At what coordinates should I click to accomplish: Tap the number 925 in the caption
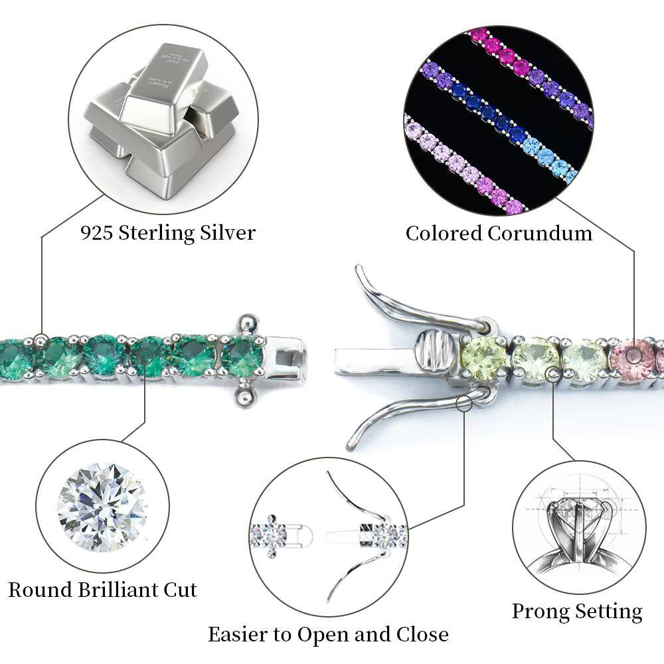click(95, 233)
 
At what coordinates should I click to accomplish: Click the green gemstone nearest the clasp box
click(242, 357)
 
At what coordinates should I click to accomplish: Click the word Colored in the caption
click(444, 233)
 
